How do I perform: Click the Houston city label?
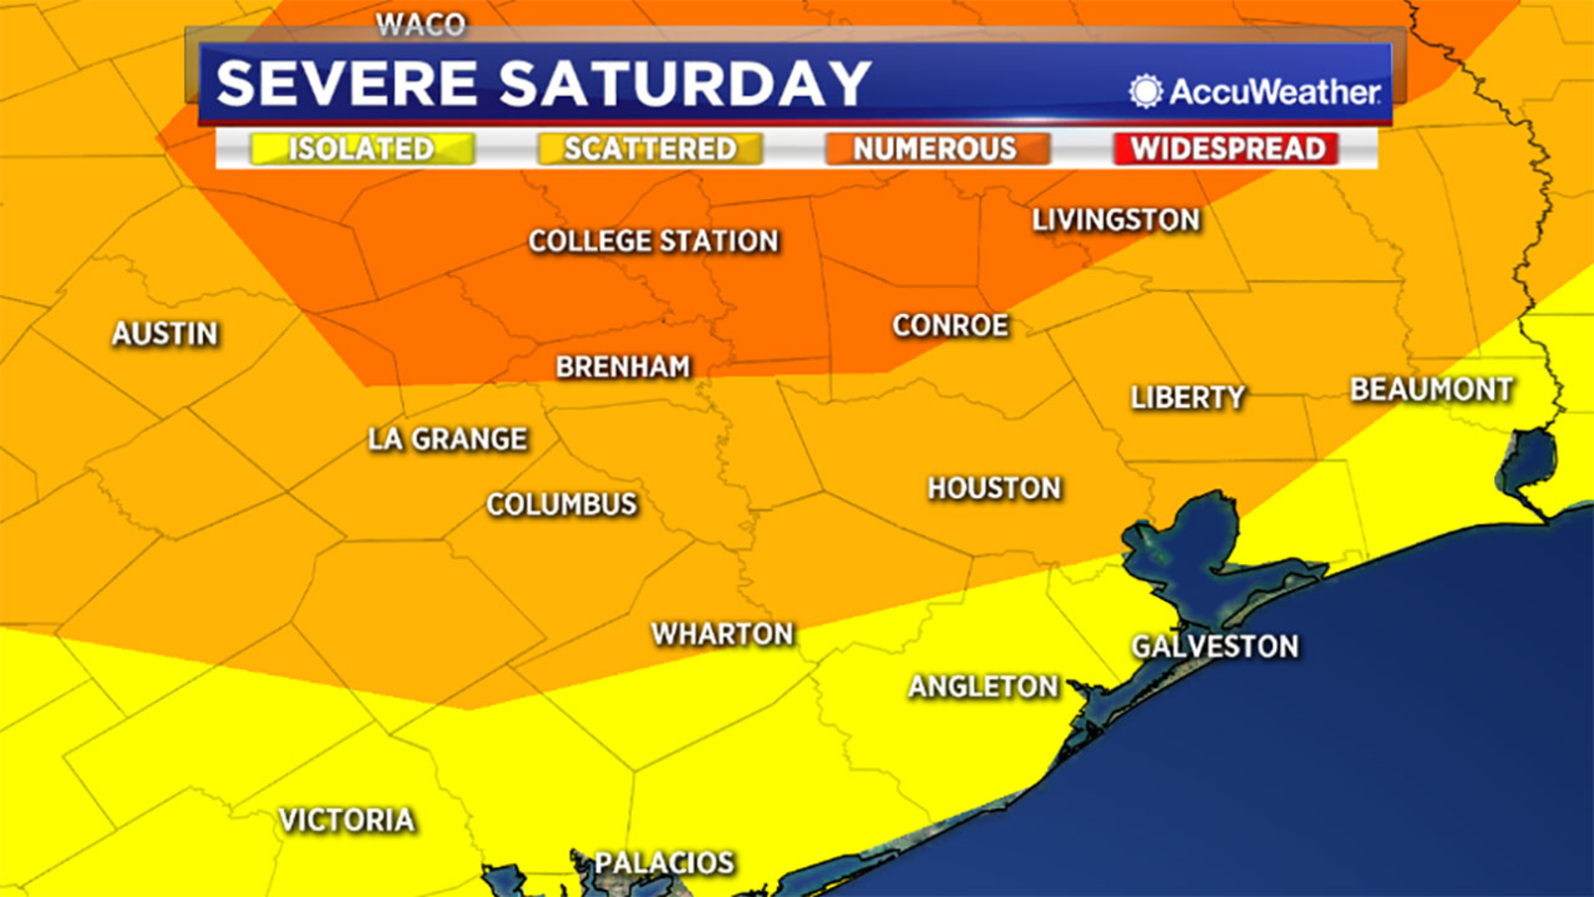(x=994, y=488)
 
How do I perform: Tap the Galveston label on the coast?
(x=1214, y=647)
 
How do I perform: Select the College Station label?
(x=654, y=241)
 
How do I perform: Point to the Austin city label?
(x=164, y=334)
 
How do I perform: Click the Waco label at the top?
(x=420, y=24)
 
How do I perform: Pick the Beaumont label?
(x=1432, y=390)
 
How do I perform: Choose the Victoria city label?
(x=347, y=820)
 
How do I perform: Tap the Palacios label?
(x=664, y=862)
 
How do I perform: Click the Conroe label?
(x=950, y=326)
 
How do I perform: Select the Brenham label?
(x=623, y=367)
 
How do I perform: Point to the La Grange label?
(x=447, y=440)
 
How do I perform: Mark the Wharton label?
(x=722, y=634)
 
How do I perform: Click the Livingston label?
(x=1116, y=220)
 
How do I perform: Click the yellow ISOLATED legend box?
(x=362, y=149)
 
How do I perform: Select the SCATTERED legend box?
(x=650, y=149)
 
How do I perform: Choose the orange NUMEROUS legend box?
(x=935, y=149)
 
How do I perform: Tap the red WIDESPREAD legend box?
(x=1226, y=149)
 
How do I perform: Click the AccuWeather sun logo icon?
(x=1146, y=91)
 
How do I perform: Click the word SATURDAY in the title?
(x=684, y=84)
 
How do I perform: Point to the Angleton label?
(x=982, y=687)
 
